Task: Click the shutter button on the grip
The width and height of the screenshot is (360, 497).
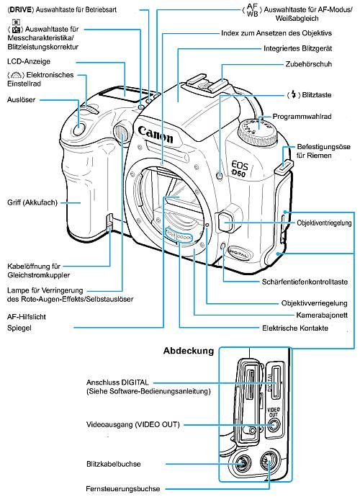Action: click(x=80, y=130)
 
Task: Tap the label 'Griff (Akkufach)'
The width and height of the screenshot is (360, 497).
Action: click(x=33, y=202)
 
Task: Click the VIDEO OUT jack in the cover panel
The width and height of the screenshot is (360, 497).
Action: click(x=272, y=426)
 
